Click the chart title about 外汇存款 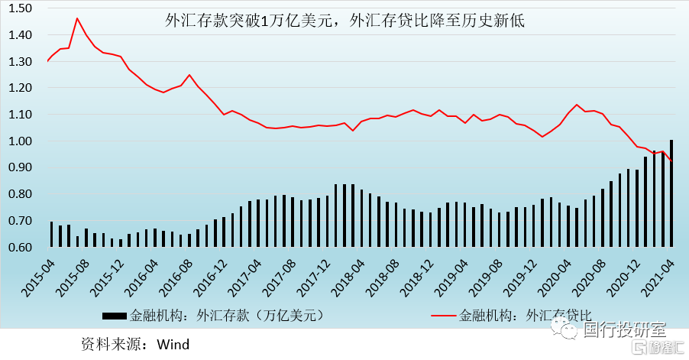pyautogui.click(x=345, y=21)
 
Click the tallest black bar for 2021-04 pyautogui.click(x=671, y=193)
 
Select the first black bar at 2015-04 pyautogui.click(x=52, y=234)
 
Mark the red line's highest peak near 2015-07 pyautogui.click(x=77, y=18)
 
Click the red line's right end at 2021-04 pyautogui.click(x=671, y=161)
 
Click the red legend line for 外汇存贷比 pyautogui.click(x=443, y=315)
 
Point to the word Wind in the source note pyautogui.click(x=173, y=344)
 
